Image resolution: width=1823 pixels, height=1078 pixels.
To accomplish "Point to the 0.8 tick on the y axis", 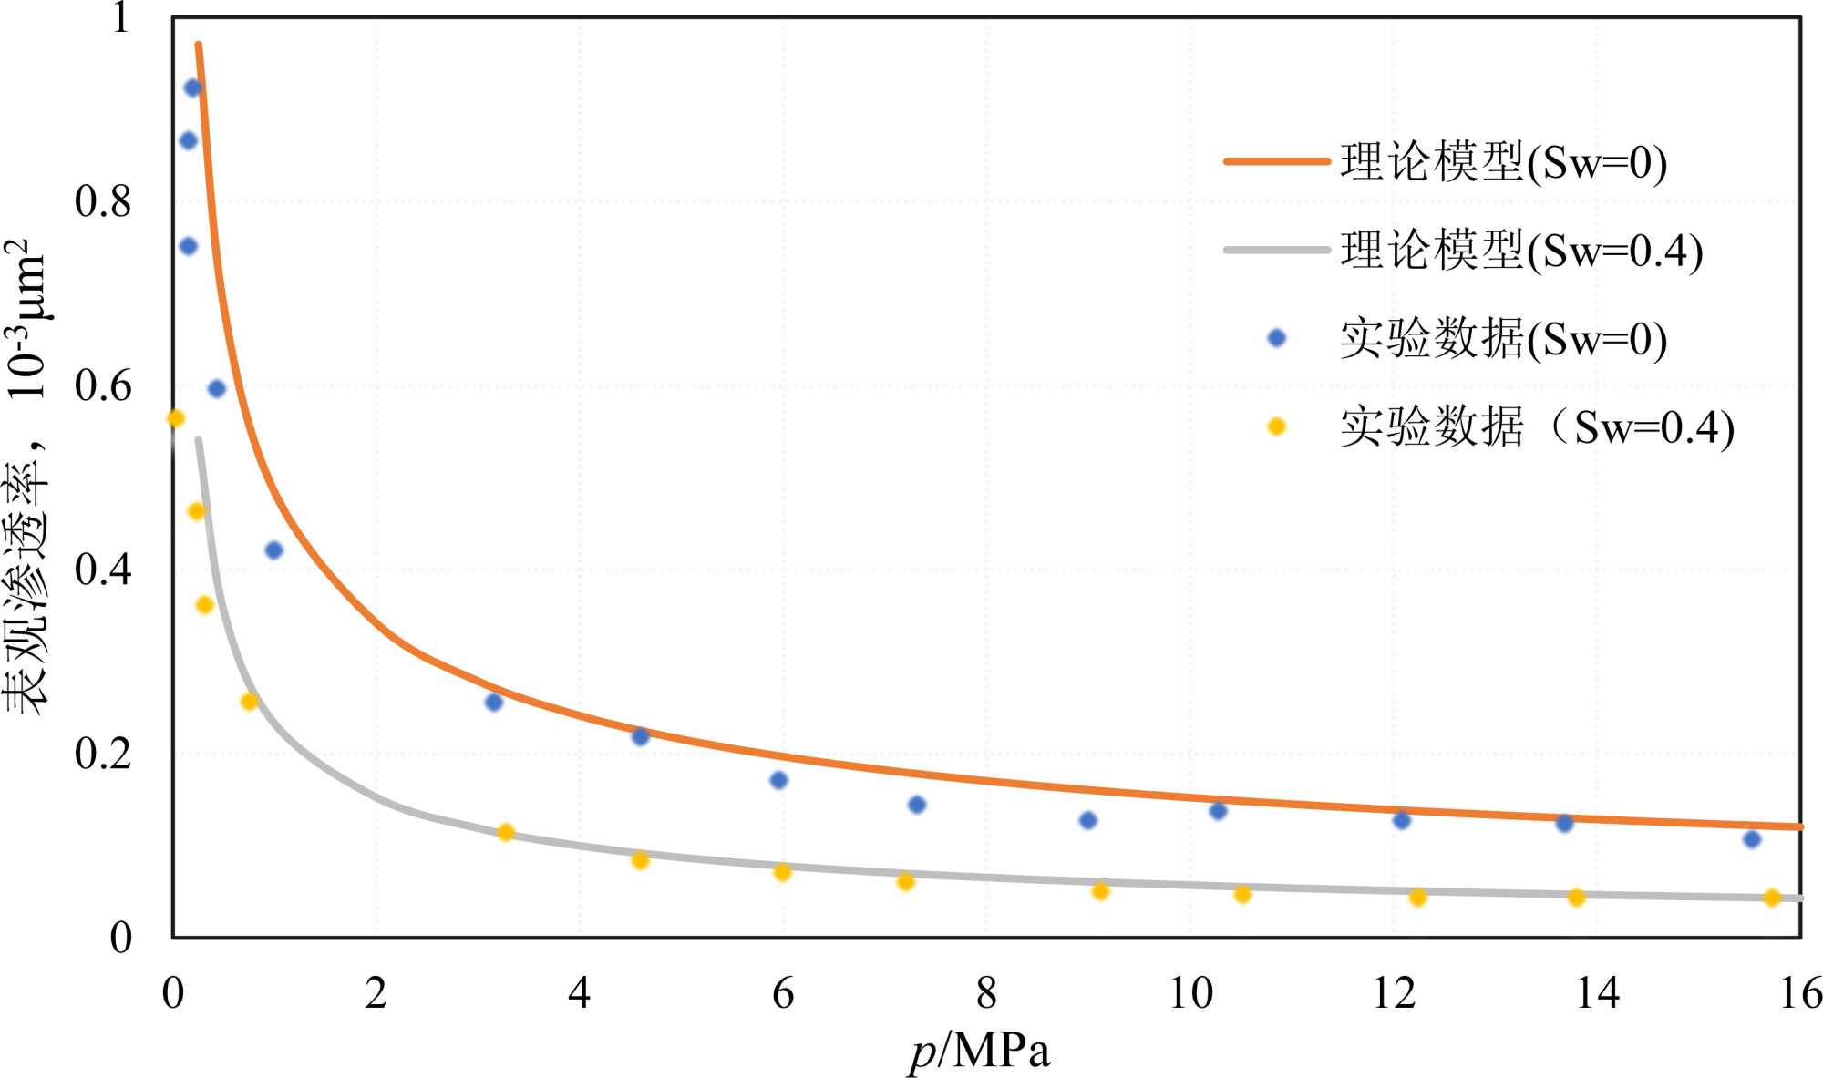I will [102, 201].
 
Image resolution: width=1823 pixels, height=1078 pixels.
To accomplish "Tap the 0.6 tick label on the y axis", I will [102, 385].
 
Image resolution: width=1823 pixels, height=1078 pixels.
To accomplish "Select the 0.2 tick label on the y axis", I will [102, 754].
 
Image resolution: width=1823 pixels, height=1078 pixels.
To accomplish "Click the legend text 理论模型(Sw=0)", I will [1503, 162].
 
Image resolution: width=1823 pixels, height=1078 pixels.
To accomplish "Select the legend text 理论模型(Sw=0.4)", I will [1520, 251].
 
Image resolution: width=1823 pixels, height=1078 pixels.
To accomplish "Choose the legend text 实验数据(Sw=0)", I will [1503, 339].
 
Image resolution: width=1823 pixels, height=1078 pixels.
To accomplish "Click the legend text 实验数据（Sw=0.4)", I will [1536, 427].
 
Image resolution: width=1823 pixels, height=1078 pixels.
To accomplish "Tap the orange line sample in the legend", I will [1276, 161].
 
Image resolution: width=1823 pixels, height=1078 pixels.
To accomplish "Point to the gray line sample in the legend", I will [1276, 250].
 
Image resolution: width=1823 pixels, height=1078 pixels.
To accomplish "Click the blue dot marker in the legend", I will [1276, 338].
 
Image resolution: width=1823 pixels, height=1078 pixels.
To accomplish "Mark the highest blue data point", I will [192, 88].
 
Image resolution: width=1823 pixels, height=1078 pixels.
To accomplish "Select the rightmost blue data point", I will [1751, 839].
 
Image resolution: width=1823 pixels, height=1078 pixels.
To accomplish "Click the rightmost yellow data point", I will [1771, 898].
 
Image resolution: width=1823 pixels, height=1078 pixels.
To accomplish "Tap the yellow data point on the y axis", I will [176, 418].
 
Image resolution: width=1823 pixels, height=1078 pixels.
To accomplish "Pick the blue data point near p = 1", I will [273, 549].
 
